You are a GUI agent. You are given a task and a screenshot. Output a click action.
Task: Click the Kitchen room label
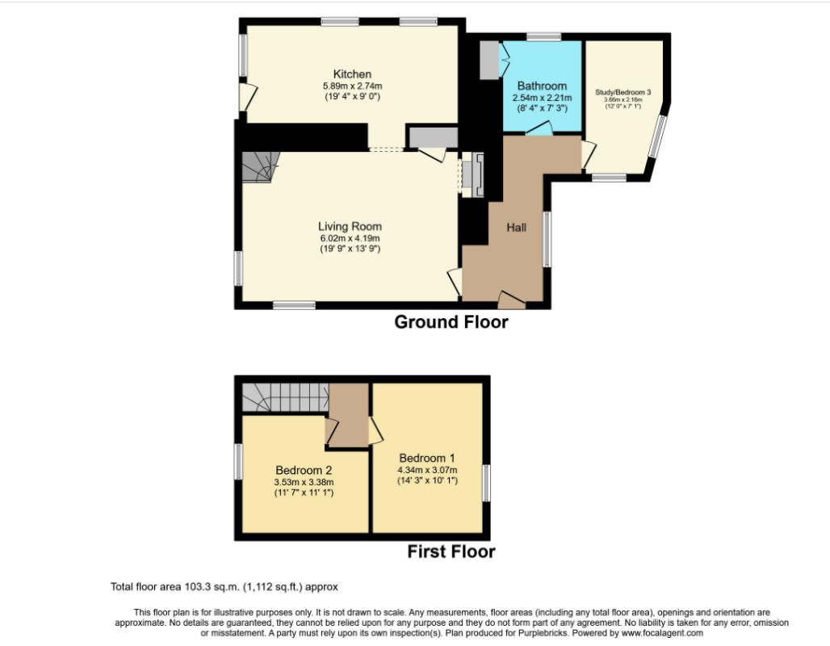point(352,74)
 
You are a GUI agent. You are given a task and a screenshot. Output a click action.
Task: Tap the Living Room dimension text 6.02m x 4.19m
point(350,238)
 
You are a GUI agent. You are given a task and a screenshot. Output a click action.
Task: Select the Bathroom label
point(542,86)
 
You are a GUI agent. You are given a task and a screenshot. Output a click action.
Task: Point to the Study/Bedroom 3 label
point(623,92)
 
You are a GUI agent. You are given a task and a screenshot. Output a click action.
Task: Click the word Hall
point(517,227)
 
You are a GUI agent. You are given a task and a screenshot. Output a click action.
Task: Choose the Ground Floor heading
point(451,322)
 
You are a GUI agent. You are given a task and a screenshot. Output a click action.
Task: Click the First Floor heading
point(451,552)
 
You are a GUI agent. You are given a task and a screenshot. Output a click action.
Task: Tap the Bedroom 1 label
point(427,458)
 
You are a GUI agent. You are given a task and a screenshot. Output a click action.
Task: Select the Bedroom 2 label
point(304,470)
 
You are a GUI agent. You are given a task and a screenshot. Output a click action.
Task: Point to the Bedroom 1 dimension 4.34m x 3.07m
point(427,470)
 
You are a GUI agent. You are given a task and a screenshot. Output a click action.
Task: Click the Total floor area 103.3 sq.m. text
point(224,587)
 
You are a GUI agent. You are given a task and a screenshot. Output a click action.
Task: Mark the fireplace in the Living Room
point(472,174)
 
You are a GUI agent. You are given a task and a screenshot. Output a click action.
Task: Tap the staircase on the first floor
point(285,397)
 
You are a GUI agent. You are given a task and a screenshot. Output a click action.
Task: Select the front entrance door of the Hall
point(511,300)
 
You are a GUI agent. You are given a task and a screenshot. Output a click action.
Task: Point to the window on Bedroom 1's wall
point(486,483)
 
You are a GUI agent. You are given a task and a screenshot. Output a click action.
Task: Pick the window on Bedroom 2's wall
point(239,462)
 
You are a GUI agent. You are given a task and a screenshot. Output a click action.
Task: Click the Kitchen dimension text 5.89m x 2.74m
point(353,86)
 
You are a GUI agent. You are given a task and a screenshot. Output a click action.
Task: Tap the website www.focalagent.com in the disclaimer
point(662,633)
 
